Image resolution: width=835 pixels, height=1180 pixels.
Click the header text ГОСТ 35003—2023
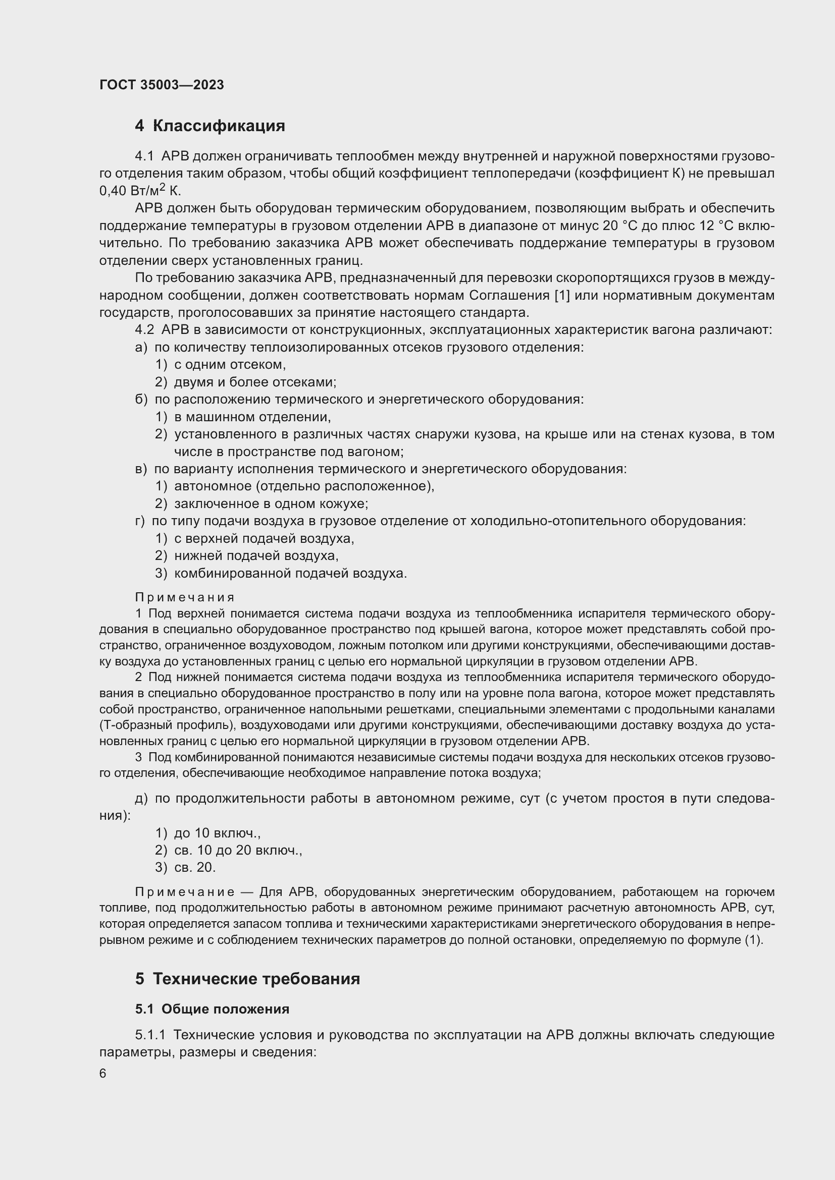(x=162, y=85)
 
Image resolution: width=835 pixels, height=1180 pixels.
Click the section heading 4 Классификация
(x=210, y=126)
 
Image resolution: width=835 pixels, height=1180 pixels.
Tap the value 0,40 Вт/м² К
(x=140, y=191)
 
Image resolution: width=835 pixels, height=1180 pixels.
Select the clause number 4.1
(x=144, y=156)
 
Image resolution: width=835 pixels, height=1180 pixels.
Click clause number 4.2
(x=144, y=330)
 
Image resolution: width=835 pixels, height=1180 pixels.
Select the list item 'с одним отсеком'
(x=229, y=365)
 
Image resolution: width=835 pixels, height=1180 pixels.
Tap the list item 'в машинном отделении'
(x=252, y=417)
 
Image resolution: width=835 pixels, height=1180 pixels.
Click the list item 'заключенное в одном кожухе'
(x=271, y=503)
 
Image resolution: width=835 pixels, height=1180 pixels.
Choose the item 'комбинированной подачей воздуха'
(x=290, y=573)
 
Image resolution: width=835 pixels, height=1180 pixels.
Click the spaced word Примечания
(x=185, y=597)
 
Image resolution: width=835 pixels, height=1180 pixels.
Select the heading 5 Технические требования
(x=247, y=979)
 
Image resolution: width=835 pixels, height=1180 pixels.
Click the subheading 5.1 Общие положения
(x=212, y=1009)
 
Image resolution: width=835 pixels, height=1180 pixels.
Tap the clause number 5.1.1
(x=150, y=1035)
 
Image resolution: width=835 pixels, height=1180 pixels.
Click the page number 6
(x=103, y=1074)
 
